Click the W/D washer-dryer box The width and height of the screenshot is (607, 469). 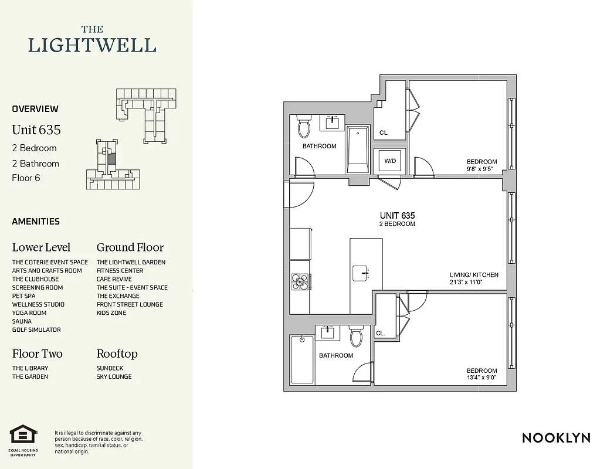[x=389, y=161]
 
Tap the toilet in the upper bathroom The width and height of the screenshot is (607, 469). [x=304, y=127]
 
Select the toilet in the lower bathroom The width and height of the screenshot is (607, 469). [x=357, y=338]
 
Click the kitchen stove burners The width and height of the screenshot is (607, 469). [x=300, y=283]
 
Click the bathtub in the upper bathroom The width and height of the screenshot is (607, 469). [x=357, y=149]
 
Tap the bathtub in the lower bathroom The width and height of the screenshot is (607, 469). [x=302, y=359]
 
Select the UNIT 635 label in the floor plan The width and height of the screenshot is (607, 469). [x=397, y=215]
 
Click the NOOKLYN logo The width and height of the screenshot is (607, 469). [x=556, y=437]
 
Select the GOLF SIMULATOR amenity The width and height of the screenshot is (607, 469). [x=36, y=329]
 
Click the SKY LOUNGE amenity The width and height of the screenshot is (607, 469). [x=114, y=376]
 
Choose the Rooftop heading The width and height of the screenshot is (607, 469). [x=117, y=354]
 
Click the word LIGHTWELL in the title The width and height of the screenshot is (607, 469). [x=93, y=45]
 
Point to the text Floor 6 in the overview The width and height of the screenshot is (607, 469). [x=26, y=178]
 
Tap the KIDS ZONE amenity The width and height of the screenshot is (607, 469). [x=111, y=313]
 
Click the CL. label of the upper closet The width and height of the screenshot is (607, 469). [x=384, y=133]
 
